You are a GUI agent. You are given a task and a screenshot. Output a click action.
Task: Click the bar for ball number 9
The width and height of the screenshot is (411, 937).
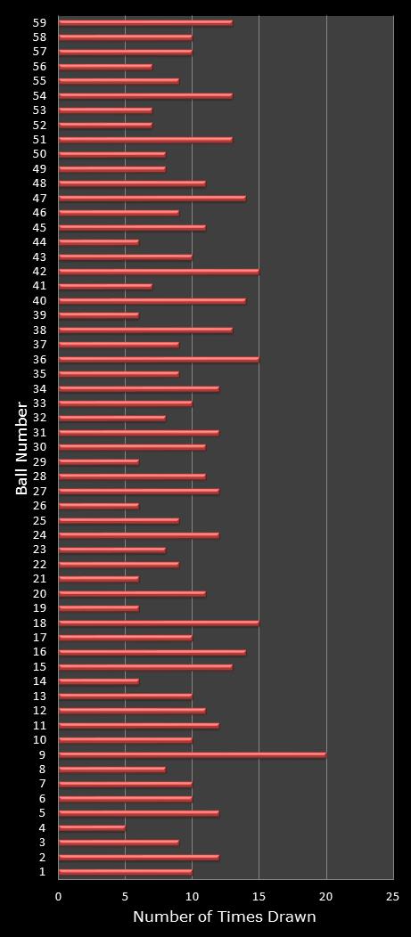192,754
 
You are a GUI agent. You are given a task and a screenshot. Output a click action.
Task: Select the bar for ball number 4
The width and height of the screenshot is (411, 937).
92,827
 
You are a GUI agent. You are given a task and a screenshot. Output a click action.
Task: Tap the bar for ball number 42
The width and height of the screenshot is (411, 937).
159,271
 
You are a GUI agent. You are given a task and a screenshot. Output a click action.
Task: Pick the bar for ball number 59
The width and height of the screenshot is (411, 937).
145,22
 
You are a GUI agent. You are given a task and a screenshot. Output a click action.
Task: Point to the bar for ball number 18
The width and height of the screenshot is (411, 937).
159,623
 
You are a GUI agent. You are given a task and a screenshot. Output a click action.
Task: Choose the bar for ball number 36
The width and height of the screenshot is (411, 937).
159,359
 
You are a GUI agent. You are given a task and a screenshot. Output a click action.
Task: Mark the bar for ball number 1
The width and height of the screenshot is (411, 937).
125,871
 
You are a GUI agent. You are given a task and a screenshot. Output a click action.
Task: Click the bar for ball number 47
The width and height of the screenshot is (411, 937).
152,198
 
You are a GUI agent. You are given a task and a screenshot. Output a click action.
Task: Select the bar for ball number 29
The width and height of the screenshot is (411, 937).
98,461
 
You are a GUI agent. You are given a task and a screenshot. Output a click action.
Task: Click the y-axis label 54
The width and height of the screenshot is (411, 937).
40,95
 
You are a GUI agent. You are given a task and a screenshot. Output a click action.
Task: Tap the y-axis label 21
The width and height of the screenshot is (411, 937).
40,579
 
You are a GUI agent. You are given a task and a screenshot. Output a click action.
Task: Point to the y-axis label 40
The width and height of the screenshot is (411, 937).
40,300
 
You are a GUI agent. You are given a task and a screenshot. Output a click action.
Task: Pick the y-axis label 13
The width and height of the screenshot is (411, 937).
40,696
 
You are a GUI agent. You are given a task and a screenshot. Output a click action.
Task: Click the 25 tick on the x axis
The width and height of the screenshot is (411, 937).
393,897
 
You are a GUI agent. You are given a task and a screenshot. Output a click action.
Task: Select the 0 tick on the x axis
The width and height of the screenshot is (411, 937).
59,897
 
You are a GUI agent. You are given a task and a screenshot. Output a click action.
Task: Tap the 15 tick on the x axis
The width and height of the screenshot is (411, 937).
259,897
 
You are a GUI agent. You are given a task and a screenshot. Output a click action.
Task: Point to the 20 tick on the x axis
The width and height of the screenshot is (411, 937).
326,897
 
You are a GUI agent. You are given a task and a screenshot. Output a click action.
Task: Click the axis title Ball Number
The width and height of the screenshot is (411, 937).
21,448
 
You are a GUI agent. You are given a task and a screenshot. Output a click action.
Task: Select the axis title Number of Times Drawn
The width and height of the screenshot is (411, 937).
225,917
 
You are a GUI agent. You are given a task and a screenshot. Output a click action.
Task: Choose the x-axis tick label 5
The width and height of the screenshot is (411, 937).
126,897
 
